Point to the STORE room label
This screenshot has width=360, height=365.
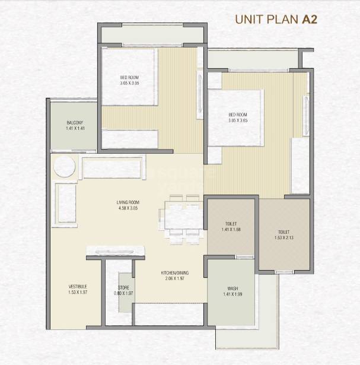tap(124, 287)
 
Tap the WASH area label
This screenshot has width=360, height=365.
tap(233, 288)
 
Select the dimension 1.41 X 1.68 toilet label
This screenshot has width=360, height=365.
tap(230, 230)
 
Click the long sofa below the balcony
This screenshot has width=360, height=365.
tap(113, 168)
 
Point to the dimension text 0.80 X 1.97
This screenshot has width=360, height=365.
tap(124, 293)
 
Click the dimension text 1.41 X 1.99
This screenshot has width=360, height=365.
tap(233, 294)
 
